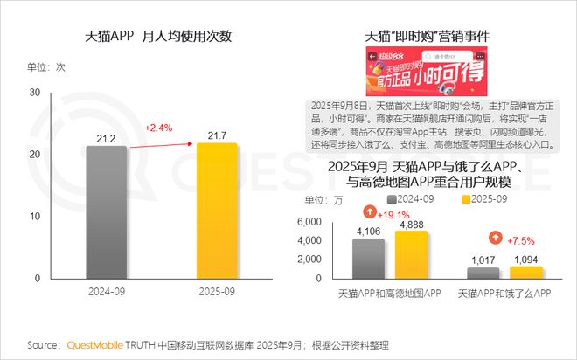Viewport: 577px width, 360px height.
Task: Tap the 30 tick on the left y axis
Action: (35, 93)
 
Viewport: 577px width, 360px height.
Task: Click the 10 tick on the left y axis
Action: (35, 216)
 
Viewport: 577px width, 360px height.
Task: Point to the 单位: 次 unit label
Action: (47, 67)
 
